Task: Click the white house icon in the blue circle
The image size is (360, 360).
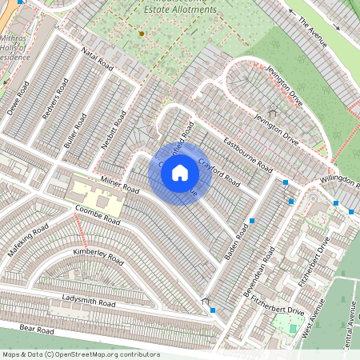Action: click(x=180, y=172)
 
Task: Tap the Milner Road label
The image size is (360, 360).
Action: click(x=120, y=186)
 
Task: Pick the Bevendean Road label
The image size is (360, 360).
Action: click(x=266, y=270)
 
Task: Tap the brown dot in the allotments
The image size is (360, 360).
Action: click(x=141, y=34)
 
